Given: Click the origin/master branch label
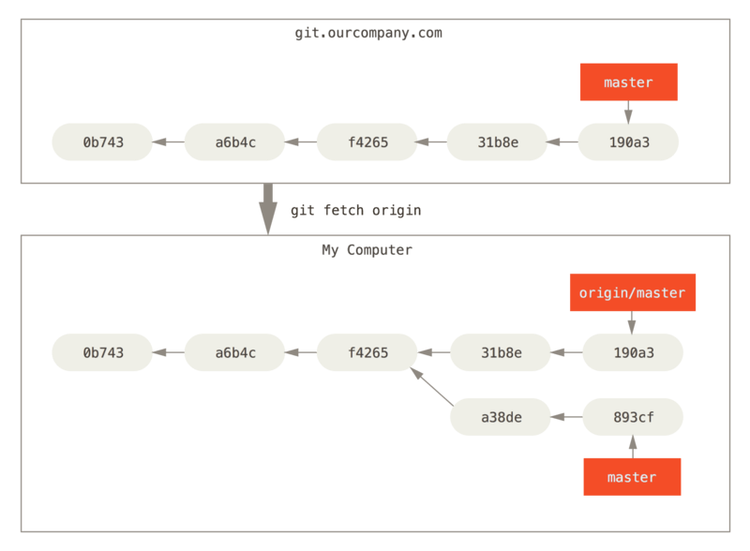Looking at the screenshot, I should [632, 293].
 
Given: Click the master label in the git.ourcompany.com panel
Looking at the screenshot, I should [628, 82].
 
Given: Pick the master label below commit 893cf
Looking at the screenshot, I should [631, 477].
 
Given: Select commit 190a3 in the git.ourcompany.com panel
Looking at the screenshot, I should [628, 142].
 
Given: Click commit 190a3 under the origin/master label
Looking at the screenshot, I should [633, 352].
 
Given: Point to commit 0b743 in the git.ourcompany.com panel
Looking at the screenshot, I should [102, 142].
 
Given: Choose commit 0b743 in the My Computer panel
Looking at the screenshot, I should [102, 352].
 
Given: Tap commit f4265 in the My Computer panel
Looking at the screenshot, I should [367, 352].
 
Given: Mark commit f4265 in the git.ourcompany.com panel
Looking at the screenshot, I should [367, 142].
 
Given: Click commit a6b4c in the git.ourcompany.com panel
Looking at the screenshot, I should [234, 142].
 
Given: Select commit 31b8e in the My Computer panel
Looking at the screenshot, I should [501, 352].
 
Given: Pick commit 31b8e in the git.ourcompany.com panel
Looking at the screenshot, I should [497, 142].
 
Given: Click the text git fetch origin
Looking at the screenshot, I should [355, 211].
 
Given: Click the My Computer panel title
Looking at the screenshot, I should [367, 251].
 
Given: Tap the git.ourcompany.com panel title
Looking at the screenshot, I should [367, 34].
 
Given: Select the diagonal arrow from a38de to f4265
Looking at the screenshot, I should [431, 386].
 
